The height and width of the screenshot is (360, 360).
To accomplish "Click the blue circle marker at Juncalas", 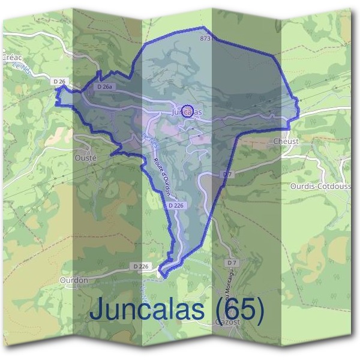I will pyautogui.click(x=188, y=110).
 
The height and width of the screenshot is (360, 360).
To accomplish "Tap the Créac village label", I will pyautogui.click(x=12, y=58).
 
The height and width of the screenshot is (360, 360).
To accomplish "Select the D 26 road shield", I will pyautogui.click(x=59, y=81).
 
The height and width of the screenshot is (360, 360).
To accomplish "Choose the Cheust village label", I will pyautogui.click(x=286, y=141).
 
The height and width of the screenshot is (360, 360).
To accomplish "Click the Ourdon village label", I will pyautogui.click(x=74, y=280).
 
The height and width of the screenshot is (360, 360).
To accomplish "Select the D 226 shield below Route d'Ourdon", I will pyautogui.click(x=176, y=205).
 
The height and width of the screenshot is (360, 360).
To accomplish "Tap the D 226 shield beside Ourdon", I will pyautogui.click(x=139, y=266).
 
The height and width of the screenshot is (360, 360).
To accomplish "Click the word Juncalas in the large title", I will pyautogui.click(x=146, y=310).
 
